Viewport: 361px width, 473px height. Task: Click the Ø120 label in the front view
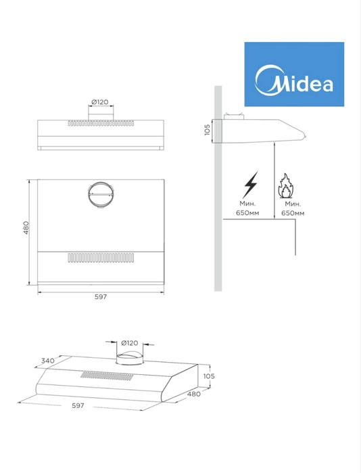point(100,102)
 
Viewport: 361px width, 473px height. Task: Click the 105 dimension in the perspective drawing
point(208,376)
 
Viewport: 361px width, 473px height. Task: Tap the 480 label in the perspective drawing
point(195,394)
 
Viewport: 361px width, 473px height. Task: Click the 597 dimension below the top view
point(100,297)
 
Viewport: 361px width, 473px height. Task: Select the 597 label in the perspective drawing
point(78,405)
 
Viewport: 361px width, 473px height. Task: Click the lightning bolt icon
point(250,184)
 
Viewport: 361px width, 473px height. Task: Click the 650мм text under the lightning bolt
point(248,213)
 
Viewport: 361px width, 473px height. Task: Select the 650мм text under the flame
point(293,213)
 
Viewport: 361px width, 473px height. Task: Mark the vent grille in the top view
point(101,258)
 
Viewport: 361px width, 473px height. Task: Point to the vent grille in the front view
point(100,124)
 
